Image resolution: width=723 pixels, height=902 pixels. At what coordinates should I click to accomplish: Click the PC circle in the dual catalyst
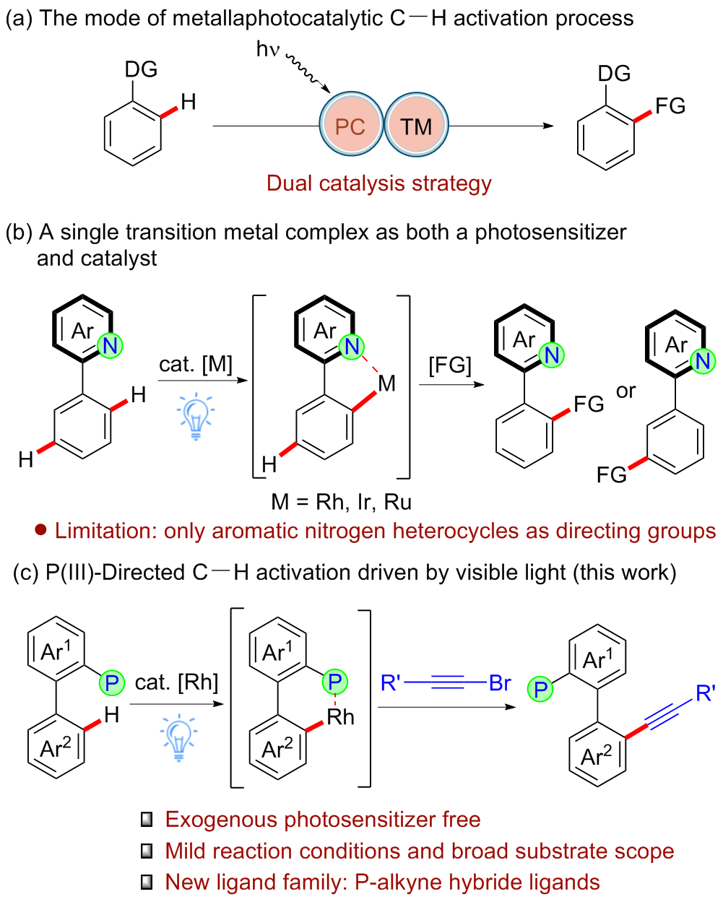350,126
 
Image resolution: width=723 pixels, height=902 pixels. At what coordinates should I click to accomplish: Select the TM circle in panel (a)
416,126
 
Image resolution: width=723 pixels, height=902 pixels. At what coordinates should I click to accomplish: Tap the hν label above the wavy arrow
267,50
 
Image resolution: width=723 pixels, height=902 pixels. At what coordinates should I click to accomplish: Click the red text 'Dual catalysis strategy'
379,183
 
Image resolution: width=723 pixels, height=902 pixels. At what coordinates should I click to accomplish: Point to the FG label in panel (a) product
670,106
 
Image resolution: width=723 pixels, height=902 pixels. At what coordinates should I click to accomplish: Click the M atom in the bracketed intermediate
386,383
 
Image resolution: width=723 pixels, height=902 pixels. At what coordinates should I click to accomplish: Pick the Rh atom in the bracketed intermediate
340,717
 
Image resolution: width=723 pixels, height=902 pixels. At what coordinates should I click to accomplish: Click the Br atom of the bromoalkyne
500,683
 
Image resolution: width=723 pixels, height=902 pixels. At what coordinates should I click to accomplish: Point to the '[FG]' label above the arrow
449,365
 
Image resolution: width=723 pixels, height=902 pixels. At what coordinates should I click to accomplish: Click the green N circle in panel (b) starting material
110,346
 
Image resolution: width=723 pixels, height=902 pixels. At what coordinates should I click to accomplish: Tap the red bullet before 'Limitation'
41,531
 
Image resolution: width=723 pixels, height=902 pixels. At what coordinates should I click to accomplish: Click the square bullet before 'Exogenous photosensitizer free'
147,820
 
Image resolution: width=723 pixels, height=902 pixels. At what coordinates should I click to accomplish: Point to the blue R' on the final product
705,694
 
